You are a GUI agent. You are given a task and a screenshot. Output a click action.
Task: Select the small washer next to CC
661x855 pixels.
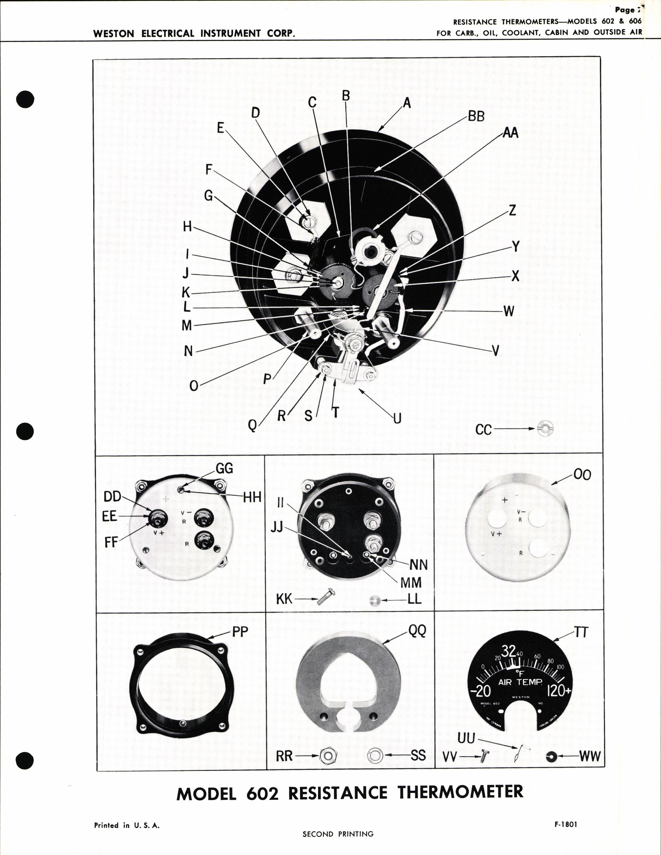pos(545,429)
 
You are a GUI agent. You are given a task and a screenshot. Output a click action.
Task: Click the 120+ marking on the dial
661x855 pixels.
pos(559,691)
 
